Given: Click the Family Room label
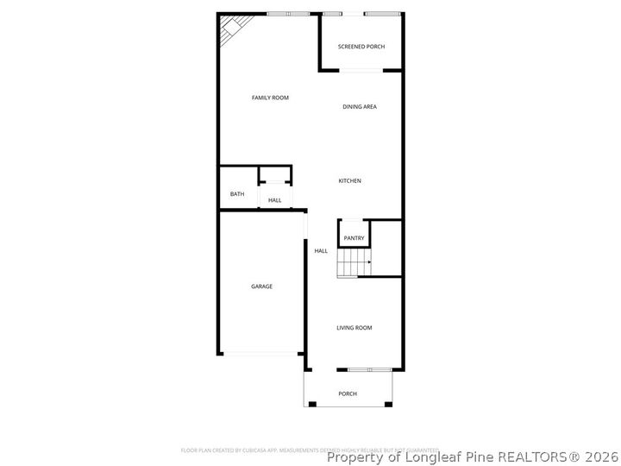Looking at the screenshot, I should pyautogui.click(x=270, y=98).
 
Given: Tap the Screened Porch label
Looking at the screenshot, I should pyautogui.click(x=361, y=47).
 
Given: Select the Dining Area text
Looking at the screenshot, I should pyautogui.click(x=360, y=107).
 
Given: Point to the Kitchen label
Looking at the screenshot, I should pyautogui.click(x=349, y=181).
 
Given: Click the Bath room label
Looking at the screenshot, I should pyautogui.click(x=237, y=194).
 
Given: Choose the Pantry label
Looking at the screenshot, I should pyautogui.click(x=354, y=238).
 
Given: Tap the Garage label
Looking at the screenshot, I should pyautogui.click(x=262, y=287).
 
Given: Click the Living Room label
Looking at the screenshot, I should pyautogui.click(x=354, y=328).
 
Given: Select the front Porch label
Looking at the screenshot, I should pyautogui.click(x=348, y=394).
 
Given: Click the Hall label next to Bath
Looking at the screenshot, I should pyautogui.click(x=275, y=200).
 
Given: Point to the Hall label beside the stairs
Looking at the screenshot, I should pyautogui.click(x=321, y=251).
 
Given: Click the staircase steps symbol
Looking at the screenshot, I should pyautogui.click(x=354, y=261).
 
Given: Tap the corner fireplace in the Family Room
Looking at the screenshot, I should pyautogui.click(x=231, y=30).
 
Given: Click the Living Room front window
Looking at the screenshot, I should pyautogui.click(x=370, y=370).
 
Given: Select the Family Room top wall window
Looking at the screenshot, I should pyautogui.click(x=288, y=14).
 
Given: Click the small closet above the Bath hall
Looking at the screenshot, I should pyautogui.click(x=276, y=176).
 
